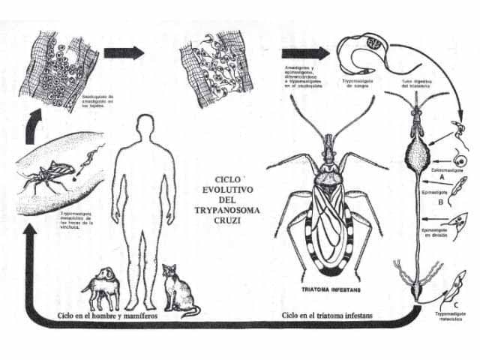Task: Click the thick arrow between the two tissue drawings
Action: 124,52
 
